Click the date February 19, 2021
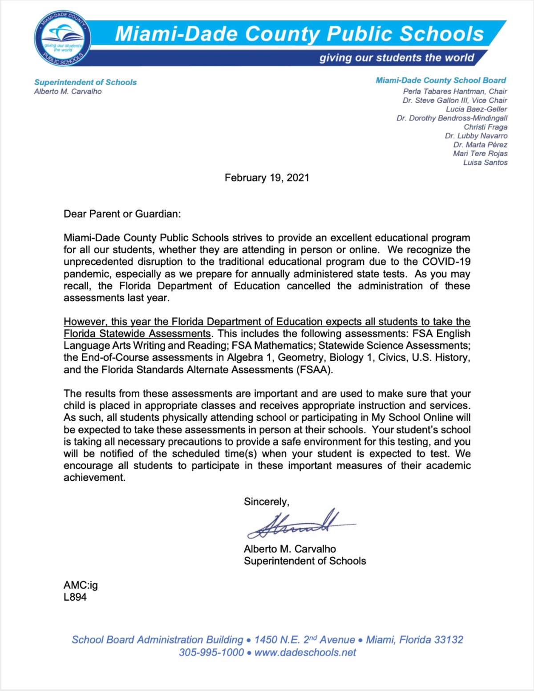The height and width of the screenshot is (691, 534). click(267, 178)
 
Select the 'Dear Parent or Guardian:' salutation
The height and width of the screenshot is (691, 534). click(122, 214)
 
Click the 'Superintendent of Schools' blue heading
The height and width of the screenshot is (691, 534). click(85, 82)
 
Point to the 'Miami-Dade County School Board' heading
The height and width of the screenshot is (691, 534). click(441, 81)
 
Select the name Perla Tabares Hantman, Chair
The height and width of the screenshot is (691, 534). click(455, 91)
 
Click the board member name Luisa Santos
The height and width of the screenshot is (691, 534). click(485, 162)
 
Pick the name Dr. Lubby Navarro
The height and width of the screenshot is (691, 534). click(476, 136)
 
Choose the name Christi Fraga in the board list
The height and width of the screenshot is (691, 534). click(485, 127)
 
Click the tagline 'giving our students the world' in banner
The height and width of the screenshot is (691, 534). click(396, 58)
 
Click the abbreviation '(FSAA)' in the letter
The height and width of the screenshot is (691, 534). click(315, 370)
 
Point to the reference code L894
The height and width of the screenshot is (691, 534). click(75, 597)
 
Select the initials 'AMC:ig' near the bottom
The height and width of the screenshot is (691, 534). click(81, 585)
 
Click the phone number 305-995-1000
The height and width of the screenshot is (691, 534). click(211, 653)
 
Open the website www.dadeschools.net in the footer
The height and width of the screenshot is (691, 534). click(305, 653)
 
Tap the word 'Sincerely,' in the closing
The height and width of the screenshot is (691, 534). click(267, 502)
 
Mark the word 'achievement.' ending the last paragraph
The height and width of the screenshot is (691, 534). click(94, 478)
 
